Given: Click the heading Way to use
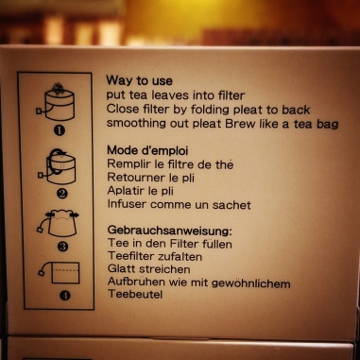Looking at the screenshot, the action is point(139,80).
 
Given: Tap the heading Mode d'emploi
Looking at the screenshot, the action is point(147,150).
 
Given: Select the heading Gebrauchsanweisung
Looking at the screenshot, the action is point(169,231).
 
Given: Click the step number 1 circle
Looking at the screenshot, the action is point(60,130).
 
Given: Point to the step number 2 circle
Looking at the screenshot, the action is point(61,193).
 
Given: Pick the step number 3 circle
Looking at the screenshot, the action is point(62,246).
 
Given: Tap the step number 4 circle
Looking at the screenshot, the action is point(65,296).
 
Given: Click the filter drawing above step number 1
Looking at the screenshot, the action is point(56,101).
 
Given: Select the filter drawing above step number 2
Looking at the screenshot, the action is point(58,166).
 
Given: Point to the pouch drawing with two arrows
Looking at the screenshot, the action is point(59,223).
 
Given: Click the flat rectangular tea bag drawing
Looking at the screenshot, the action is point(60,272).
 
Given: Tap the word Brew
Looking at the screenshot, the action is point(240,123).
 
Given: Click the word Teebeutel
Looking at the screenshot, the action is point(135,294).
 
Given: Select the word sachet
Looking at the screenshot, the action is point(231,205).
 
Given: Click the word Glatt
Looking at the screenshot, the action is point(122,269).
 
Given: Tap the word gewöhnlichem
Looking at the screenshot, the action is point(251,283).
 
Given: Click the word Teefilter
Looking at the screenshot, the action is point(131,256).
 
